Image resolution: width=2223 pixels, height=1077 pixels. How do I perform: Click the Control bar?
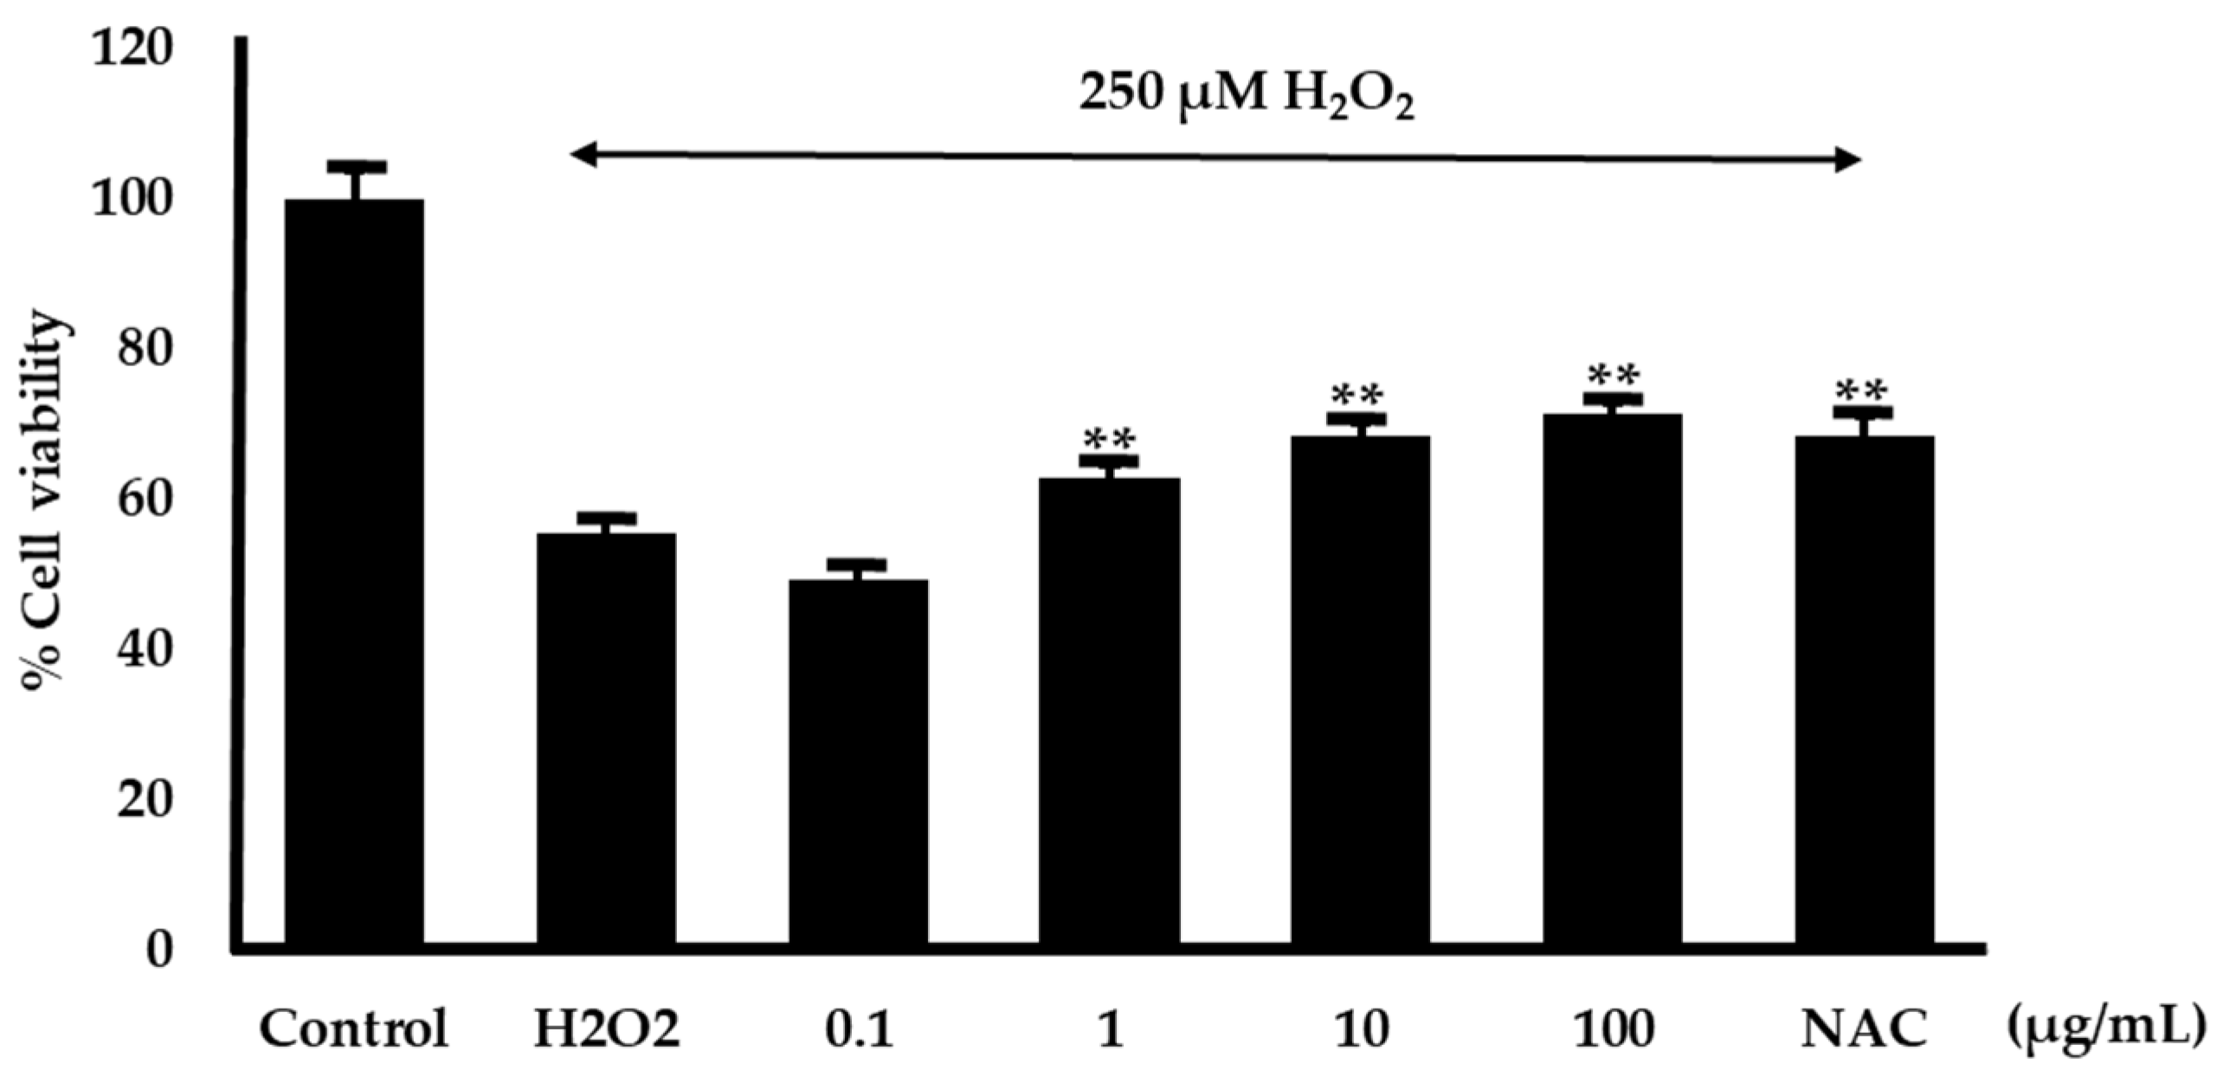(354, 571)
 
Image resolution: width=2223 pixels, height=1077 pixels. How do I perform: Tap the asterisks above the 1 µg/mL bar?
(1110, 441)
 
